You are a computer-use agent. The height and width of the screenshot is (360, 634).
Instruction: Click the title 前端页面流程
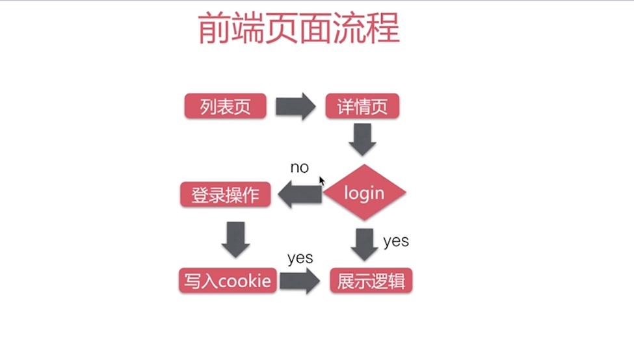[x=298, y=29]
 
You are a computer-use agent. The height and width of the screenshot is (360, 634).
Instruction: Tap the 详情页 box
[x=362, y=107]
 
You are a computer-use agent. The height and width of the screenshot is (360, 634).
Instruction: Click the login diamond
[x=364, y=193]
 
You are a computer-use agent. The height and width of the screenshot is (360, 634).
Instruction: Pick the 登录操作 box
[x=225, y=194]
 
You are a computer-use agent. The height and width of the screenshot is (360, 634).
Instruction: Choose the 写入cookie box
[x=227, y=281]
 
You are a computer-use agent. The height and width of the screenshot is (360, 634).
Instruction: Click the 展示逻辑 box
[x=371, y=281]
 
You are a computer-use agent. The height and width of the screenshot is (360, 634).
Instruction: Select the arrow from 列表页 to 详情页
[x=295, y=107]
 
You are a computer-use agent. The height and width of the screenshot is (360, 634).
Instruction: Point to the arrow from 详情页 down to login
[x=362, y=140]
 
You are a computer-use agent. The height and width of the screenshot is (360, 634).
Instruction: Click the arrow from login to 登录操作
[x=300, y=194]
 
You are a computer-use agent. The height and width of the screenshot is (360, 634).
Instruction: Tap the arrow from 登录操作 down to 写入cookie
[x=235, y=239]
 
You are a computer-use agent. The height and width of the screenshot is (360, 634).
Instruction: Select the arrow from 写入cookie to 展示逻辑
[x=300, y=281]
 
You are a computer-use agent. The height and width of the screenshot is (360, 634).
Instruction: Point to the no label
[x=299, y=168]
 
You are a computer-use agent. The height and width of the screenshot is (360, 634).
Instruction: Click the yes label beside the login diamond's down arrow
[x=395, y=242]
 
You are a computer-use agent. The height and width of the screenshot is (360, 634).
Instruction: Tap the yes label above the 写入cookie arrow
[x=300, y=258]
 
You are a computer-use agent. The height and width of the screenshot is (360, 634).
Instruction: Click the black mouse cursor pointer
[x=321, y=181]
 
